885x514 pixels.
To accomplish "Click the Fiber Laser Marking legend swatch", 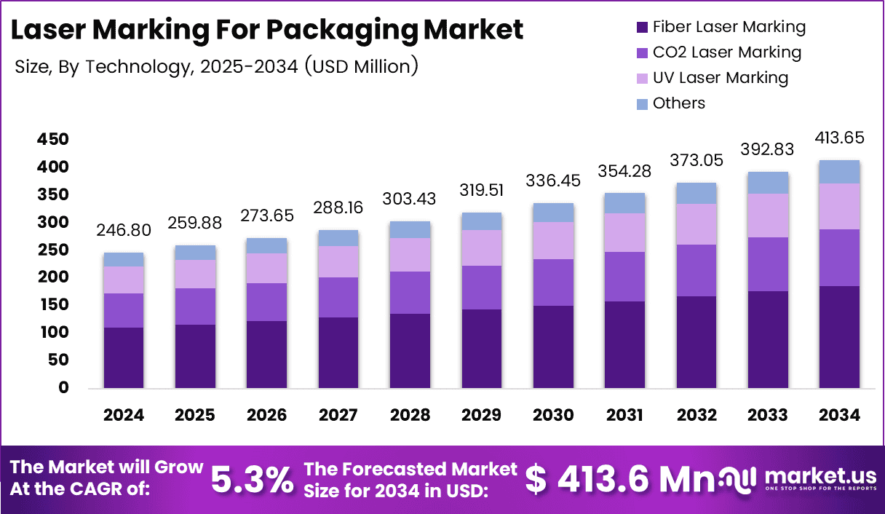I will [x=641, y=28].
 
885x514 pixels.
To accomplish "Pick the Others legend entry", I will [x=678, y=103].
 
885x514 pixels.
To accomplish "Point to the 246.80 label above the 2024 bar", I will [x=124, y=231].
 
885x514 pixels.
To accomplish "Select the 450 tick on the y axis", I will [x=53, y=139].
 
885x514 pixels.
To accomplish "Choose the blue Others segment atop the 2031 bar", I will [x=624, y=203].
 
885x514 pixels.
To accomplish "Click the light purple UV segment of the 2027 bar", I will [x=338, y=261].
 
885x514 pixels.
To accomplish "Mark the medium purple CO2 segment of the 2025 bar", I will [x=194, y=306].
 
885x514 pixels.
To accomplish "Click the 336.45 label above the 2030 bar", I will [x=552, y=179].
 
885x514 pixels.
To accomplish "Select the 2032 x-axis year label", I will [x=696, y=415].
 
